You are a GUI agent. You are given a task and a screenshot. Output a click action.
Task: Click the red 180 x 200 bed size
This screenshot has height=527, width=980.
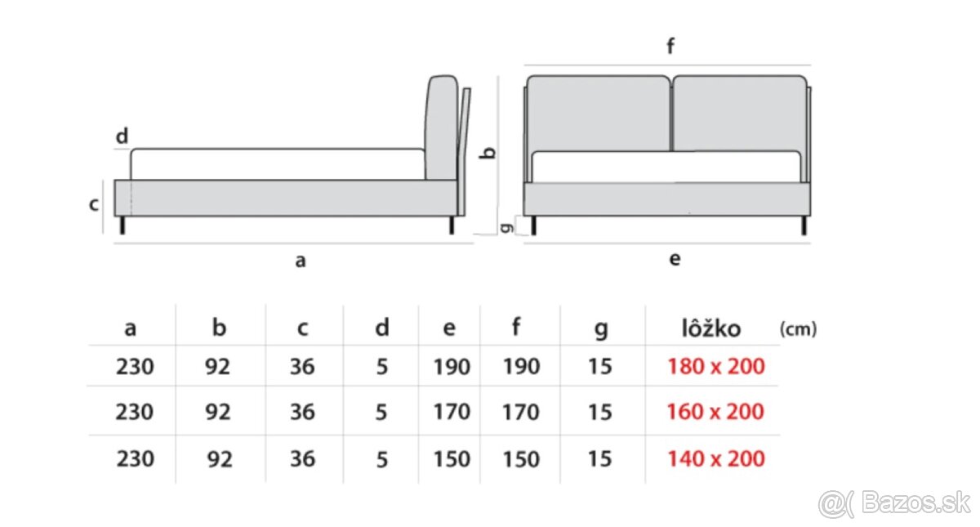(715, 367)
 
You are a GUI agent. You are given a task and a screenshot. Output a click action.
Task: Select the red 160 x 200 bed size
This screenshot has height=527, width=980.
(715, 412)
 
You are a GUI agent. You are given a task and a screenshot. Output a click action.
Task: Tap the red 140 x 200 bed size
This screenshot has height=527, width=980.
(715, 458)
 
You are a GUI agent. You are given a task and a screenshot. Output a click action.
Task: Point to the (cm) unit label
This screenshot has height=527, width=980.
(797, 329)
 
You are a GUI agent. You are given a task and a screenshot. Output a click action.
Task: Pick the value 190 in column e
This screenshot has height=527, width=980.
(451, 367)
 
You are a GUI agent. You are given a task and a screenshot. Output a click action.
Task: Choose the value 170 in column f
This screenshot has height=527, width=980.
(520, 412)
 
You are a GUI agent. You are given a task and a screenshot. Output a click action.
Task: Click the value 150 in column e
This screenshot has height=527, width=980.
(451, 458)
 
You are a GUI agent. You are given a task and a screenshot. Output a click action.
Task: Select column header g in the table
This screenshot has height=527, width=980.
(600, 329)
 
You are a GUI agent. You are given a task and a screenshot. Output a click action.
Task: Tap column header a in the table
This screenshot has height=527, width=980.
(130, 329)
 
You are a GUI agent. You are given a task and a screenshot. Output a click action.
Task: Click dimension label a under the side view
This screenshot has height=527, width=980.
(300, 261)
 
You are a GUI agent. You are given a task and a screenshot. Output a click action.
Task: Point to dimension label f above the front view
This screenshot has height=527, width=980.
(670, 47)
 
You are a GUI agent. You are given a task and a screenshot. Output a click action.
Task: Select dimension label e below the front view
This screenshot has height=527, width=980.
(674, 260)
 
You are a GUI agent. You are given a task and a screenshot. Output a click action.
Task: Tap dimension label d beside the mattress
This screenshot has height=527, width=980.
(122, 136)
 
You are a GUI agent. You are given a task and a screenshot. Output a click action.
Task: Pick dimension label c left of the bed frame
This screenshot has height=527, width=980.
(94, 204)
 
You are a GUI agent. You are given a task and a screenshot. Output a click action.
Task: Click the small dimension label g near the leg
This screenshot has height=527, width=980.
(506, 227)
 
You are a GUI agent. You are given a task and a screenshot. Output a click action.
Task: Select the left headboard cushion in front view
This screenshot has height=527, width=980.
(598, 113)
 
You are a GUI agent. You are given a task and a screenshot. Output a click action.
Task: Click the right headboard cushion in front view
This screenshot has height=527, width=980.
(739, 113)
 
